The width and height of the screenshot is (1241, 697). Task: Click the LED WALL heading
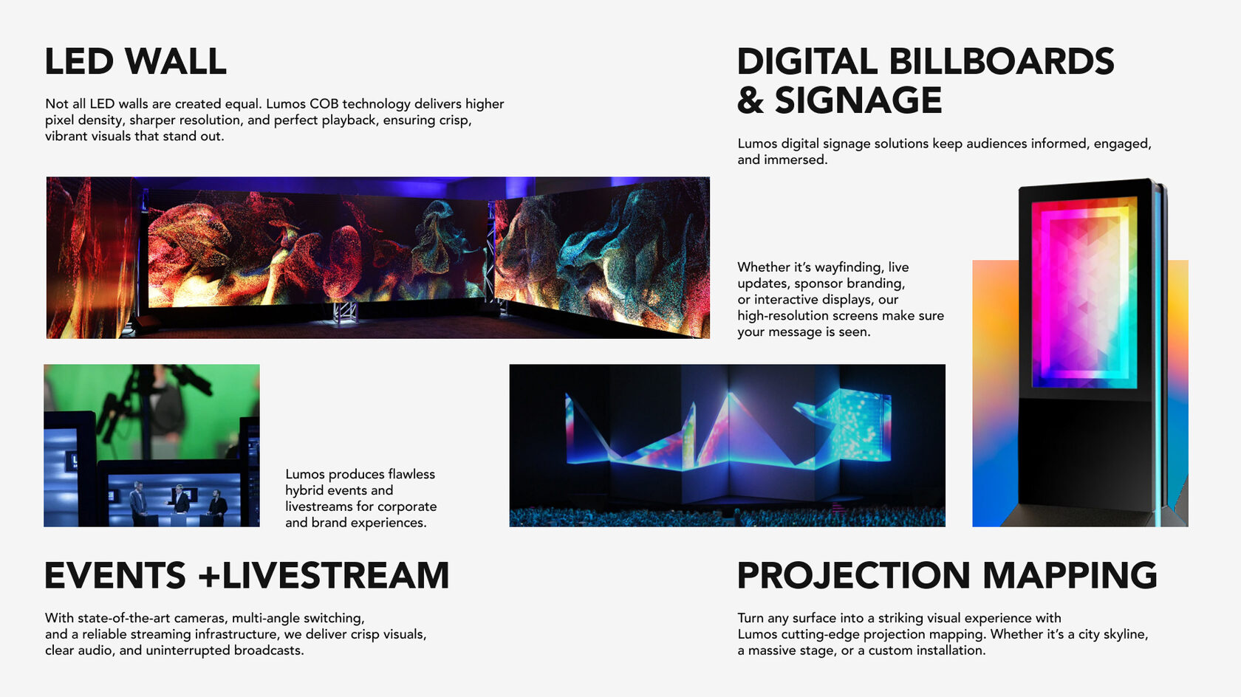point(136,61)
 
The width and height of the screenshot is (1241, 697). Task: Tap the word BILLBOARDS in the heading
point(1002,61)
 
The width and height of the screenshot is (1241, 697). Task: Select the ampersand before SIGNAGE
point(751,100)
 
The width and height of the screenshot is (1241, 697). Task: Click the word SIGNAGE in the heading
point(858,100)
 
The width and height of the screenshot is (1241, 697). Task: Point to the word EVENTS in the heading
point(115,575)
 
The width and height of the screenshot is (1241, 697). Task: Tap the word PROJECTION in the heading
point(854,575)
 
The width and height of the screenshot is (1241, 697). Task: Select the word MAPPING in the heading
point(1070,575)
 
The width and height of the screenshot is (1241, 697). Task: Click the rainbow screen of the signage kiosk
point(1084,292)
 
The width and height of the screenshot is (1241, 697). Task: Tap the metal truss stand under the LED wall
point(344,313)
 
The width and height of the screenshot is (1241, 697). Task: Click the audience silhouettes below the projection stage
point(727,517)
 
